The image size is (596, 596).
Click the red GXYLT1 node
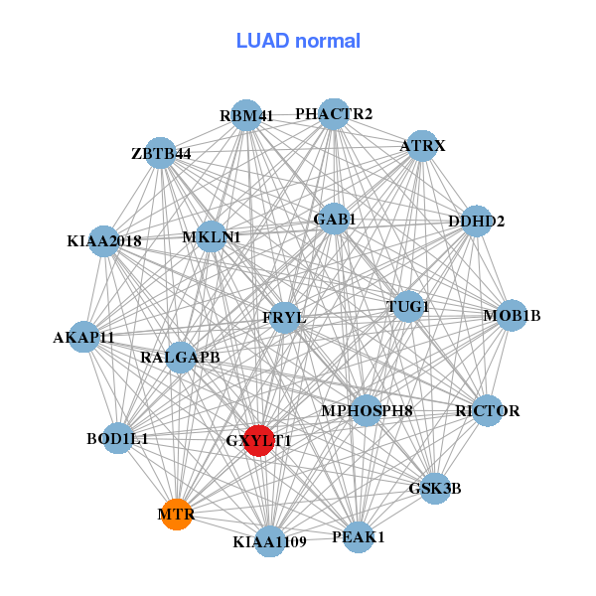click(x=258, y=440)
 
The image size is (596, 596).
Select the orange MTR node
click(x=176, y=514)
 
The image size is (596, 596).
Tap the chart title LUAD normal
click(x=298, y=41)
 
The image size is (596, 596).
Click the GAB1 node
click(x=334, y=219)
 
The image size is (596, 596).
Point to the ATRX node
click(x=422, y=146)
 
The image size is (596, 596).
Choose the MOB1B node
click(x=512, y=316)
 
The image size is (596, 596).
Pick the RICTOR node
click(x=487, y=410)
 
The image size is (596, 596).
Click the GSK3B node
click(x=435, y=488)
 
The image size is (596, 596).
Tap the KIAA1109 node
click(x=270, y=541)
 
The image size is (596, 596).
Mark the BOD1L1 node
click(x=117, y=438)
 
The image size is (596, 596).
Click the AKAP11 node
click(x=84, y=337)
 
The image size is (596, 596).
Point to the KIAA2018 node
click(x=104, y=240)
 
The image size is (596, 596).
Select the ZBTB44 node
click(x=161, y=153)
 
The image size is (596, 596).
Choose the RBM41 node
click(x=246, y=115)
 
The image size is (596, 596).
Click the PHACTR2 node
click(x=334, y=114)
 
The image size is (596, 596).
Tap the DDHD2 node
click(x=477, y=221)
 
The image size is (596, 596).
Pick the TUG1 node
click(x=407, y=306)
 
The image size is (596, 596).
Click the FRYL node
click(x=284, y=318)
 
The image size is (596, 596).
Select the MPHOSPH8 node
click(x=367, y=410)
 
